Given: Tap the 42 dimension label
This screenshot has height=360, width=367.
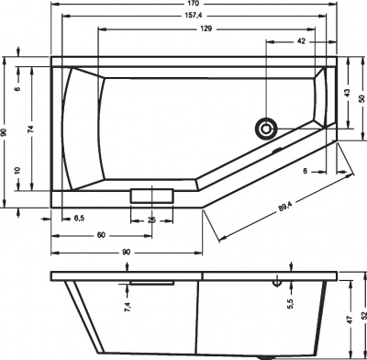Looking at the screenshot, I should click(301, 43).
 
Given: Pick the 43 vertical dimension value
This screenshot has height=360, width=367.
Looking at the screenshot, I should click(347, 95).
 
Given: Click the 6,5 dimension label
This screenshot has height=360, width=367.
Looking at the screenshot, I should click(79, 218).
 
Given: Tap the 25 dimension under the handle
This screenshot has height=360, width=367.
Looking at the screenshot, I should click(151, 218).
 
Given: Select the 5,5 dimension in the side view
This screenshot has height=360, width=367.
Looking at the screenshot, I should click(290, 303).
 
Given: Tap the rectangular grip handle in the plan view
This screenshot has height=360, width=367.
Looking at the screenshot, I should click(151, 195).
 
